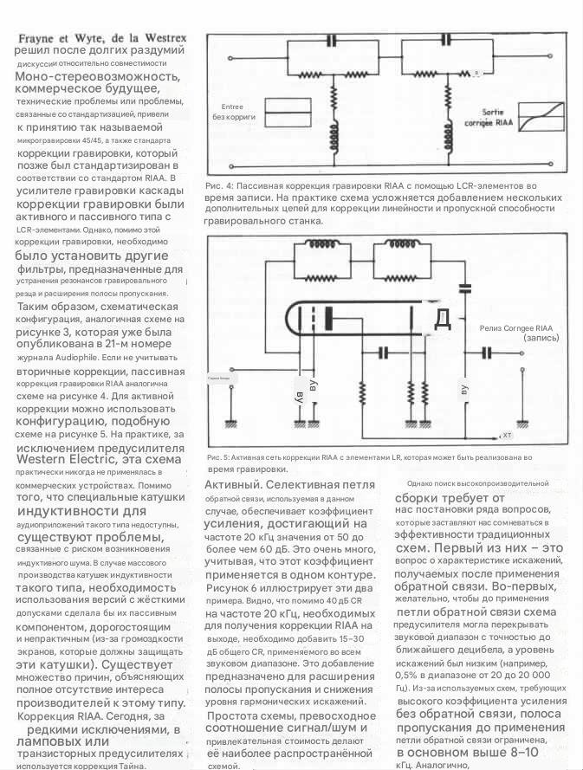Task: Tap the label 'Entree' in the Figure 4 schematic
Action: coord(222,107)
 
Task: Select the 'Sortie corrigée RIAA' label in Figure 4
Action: coord(490,118)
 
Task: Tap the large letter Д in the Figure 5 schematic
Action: coord(442,319)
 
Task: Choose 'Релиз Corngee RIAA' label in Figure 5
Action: coord(515,327)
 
